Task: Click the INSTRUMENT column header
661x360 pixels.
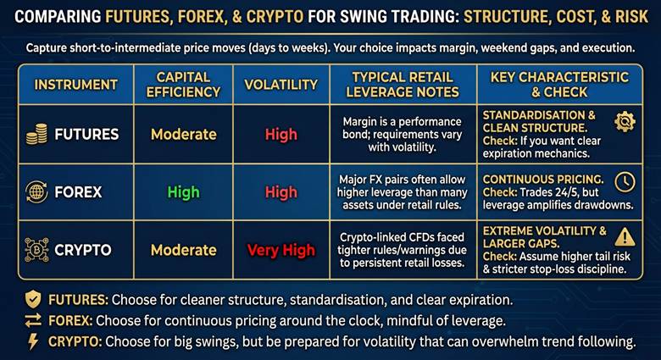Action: pos(76,85)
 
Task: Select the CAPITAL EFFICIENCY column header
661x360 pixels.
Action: pos(183,85)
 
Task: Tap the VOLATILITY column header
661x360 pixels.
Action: pos(280,85)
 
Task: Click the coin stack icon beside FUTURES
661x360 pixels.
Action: pos(36,134)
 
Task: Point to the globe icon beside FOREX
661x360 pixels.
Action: pos(36,191)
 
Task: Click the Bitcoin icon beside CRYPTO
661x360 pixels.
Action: pos(36,250)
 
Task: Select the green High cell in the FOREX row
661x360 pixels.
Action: pos(183,192)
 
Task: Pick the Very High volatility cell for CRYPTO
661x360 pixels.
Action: pos(281,250)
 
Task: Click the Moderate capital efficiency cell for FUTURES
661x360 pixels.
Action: pos(183,134)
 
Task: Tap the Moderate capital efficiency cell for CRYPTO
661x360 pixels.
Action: pos(183,250)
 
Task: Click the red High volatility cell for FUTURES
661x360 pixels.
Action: pos(281,134)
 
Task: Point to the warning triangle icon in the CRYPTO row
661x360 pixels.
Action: pos(625,237)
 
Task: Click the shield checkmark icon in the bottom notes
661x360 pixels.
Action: pos(32,299)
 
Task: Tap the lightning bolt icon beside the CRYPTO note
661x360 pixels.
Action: pos(32,341)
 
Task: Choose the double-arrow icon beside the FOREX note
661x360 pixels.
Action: pos(32,320)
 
